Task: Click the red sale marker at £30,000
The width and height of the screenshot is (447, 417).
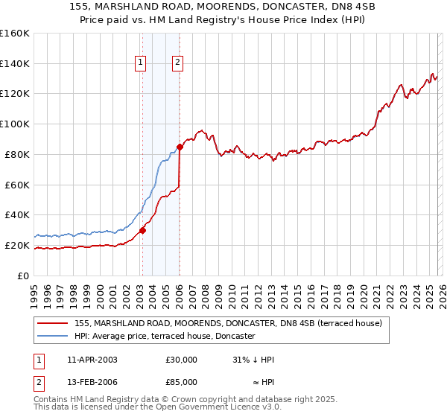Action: click(x=142, y=230)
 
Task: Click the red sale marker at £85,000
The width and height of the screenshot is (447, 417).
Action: click(x=180, y=147)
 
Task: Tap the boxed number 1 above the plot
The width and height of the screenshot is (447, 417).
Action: click(x=141, y=63)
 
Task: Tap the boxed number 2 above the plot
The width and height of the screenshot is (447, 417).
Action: click(x=178, y=63)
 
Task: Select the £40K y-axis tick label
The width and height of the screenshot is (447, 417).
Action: click(x=16, y=214)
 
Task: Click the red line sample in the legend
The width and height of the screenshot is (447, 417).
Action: click(x=53, y=323)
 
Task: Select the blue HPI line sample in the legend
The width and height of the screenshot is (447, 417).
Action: click(x=53, y=337)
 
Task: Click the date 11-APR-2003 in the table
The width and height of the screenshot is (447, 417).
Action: click(x=92, y=360)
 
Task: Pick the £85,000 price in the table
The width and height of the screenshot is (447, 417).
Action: click(x=181, y=382)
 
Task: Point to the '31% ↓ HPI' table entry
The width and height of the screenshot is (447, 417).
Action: click(x=253, y=360)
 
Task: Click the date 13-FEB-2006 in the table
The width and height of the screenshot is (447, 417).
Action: click(x=92, y=382)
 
